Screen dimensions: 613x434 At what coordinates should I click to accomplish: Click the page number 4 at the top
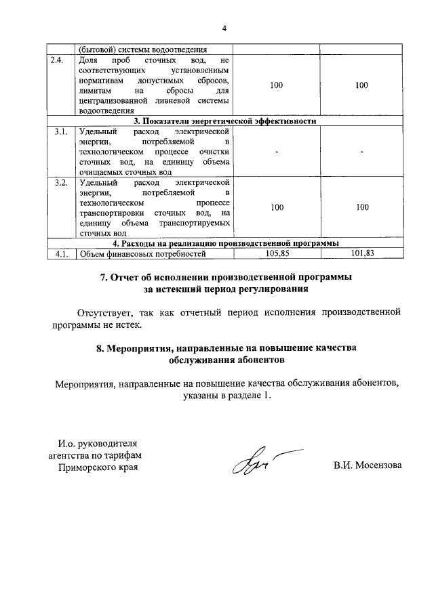tap(224, 28)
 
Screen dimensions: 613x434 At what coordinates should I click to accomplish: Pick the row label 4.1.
tap(61, 254)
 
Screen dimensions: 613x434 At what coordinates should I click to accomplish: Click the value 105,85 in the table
tap(277, 254)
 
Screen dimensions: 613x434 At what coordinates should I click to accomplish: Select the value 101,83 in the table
tap(362, 254)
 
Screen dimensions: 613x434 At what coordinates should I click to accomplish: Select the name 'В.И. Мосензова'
tap(367, 466)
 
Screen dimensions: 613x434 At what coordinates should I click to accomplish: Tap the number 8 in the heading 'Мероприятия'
tap(100, 347)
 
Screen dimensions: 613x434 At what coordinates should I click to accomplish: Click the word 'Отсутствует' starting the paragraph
tap(103, 313)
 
